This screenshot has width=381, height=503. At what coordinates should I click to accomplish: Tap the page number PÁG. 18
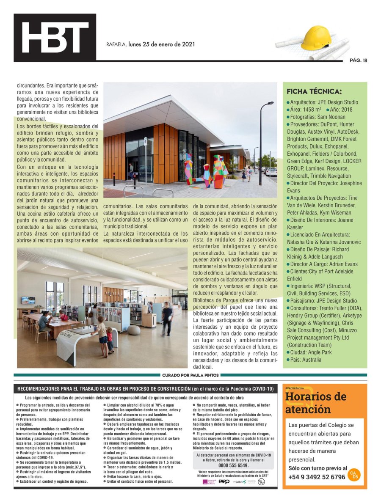358,60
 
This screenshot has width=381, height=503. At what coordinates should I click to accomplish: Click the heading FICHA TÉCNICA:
314,91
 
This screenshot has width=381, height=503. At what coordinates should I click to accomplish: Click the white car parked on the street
271,171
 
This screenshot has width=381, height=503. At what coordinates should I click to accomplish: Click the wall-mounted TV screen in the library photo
28,300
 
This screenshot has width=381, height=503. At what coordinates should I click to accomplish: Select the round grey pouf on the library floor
134,330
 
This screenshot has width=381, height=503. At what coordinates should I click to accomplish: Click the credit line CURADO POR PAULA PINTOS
190,375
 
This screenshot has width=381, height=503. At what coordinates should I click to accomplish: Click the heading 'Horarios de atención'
315,403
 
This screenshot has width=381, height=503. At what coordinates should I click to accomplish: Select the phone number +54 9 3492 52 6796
317,477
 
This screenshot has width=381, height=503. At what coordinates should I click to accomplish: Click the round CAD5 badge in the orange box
353,475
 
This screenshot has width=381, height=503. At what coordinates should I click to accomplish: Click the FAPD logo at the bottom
224,482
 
